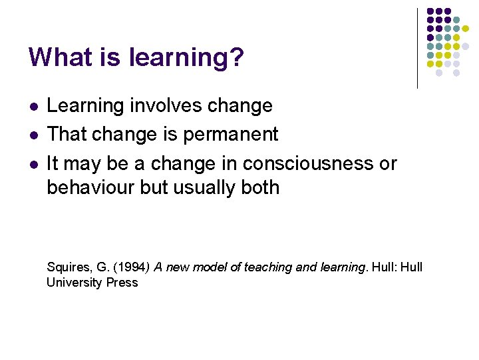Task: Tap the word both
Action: [x=260, y=187]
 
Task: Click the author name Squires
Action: [x=69, y=267]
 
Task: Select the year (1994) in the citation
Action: [x=130, y=267]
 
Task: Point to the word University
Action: [x=74, y=283]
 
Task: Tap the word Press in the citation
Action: [x=122, y=283]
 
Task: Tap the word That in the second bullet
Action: [x=65, y=134]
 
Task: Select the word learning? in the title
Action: [x=189, y=57]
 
